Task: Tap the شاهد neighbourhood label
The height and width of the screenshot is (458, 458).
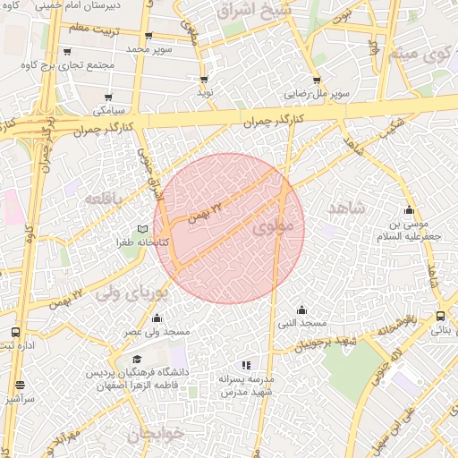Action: click(x=347, y=208)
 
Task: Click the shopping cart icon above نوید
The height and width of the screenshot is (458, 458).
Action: click(x=204, y=80)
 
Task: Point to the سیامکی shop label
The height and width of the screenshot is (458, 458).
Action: click(x=109, y=110)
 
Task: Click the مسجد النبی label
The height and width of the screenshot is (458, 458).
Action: click(x=301, y=322)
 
